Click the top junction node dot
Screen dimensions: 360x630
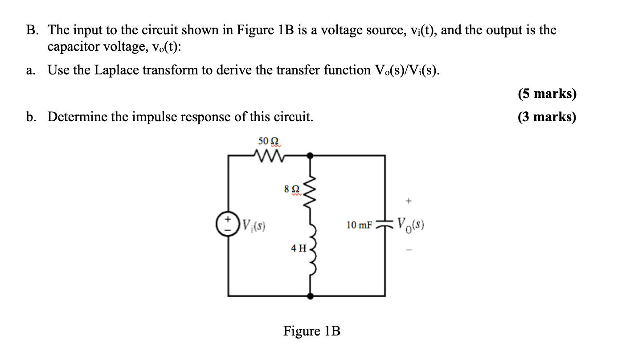pos(310,155)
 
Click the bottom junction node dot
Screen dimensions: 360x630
pos(310,295)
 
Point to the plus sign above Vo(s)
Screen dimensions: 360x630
pos(407,201)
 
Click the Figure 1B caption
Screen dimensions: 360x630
pos(311,331)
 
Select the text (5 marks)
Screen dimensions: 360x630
pos(547,94)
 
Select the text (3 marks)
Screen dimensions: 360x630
pos(547,117)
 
